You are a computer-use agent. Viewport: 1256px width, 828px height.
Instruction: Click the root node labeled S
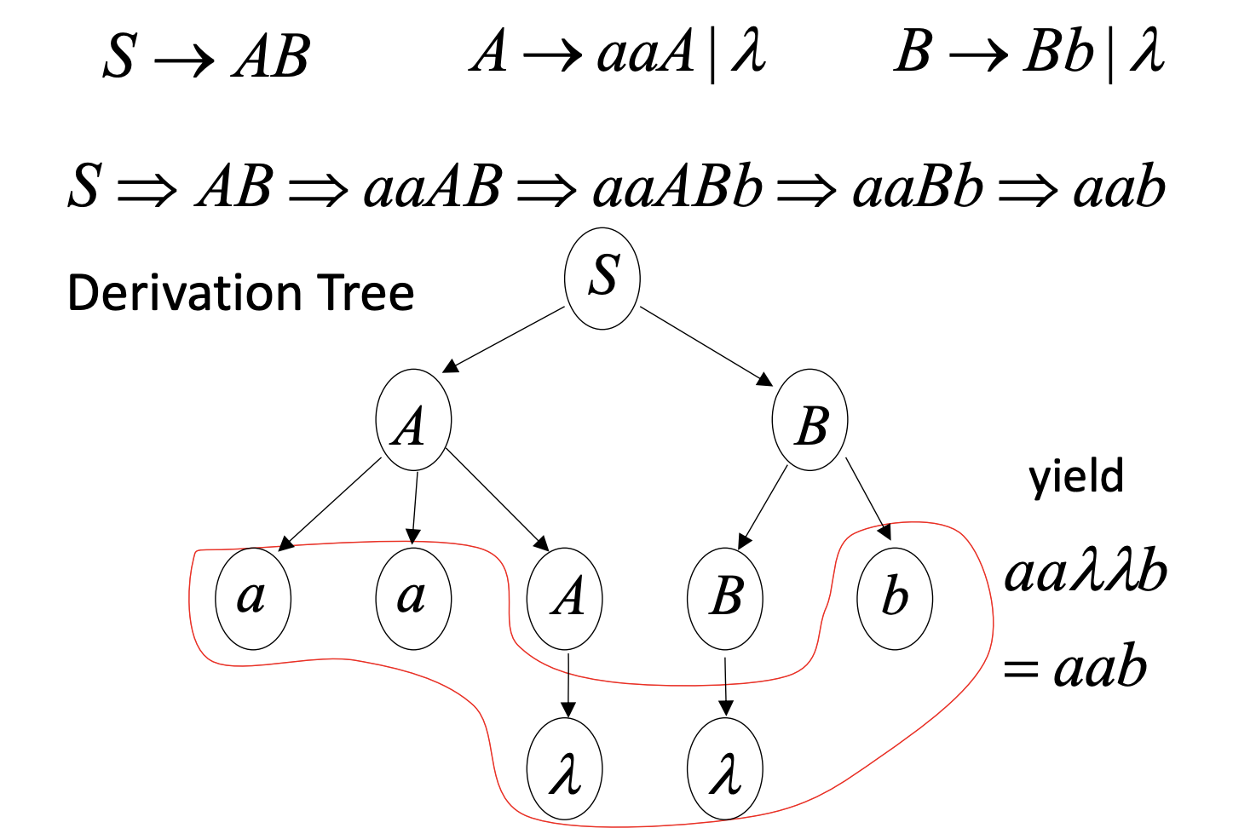tap(602, 278)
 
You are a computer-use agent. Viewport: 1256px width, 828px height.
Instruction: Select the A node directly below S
tap(413, 420)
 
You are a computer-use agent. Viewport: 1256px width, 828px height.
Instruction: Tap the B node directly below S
tap(810, 420)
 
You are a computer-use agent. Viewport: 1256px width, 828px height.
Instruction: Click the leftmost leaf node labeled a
tap(253, 598)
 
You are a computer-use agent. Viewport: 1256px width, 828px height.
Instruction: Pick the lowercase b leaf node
tap(895, 598)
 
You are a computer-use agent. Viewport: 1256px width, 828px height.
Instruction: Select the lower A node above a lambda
tap(565, 598)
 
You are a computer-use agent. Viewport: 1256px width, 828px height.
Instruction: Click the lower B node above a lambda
tap(725, 598)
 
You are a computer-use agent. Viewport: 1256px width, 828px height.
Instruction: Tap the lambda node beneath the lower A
tap(565, 769)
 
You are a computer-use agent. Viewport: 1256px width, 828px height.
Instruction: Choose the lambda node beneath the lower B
tap(725, 769)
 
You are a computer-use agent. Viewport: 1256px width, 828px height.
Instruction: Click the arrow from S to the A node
tap(504, 339)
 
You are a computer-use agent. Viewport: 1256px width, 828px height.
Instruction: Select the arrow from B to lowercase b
tap(868, 499)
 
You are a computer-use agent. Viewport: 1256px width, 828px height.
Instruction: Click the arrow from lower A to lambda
tap(568, 685)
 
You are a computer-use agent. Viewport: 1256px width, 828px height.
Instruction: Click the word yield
tap(1076, 477)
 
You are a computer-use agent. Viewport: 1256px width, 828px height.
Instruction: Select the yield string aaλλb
tap(1086, 572)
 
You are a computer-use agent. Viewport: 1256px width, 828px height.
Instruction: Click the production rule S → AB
tap(205, 56)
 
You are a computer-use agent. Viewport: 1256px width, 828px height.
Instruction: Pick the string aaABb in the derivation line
tap(677, 187)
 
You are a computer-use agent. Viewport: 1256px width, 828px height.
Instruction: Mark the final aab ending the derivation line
tap(1119, 187)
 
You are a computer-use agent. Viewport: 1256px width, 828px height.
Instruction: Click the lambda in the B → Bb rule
tap(1147, 51)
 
